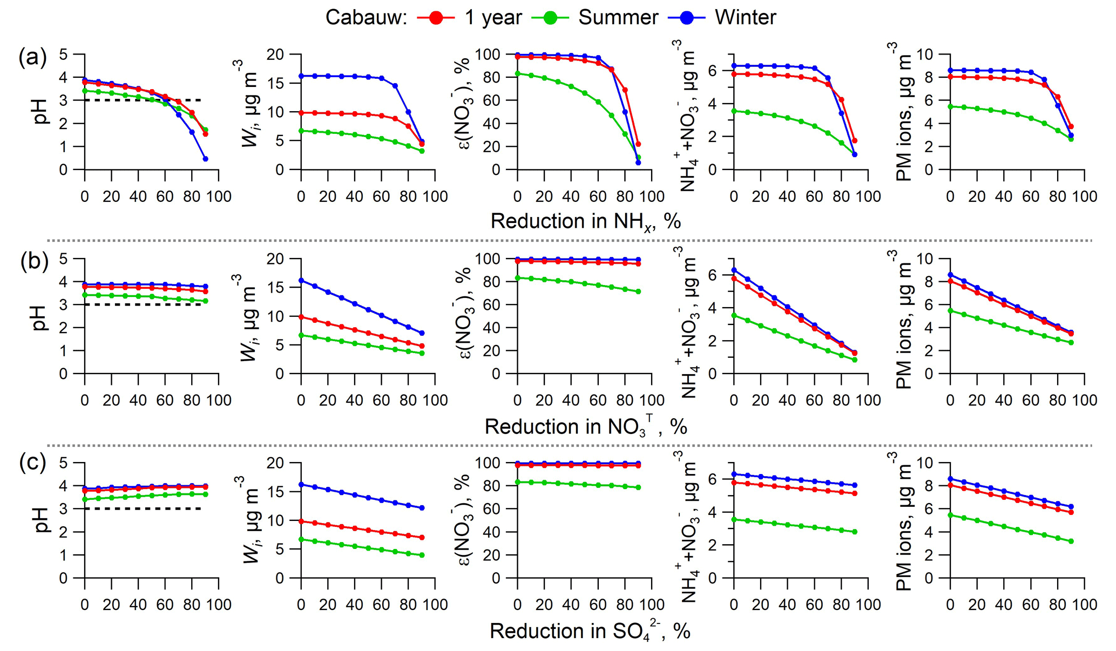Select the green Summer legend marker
coord(550,18)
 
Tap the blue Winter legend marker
coord(687,18)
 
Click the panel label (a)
coord(32,57)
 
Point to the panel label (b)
coord(34,261)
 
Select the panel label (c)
coord(33,463)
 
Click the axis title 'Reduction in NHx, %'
coord(585,222)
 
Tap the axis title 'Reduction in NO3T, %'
coord(585,427)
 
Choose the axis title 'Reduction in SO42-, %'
coord(590,631)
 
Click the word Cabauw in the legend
coord(366,18)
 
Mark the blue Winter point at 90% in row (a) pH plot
coord(206,159)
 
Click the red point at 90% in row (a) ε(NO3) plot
coord(638,144)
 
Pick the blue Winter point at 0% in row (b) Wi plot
coord(301,280)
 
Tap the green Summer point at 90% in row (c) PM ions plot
coord(1071,541)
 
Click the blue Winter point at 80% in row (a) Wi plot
coord(408,112)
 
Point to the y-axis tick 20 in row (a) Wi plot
coord(278,55)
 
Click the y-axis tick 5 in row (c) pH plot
coord(64,463)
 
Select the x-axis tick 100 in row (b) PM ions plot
coord(1084,400)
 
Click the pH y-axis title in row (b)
coord(40,316)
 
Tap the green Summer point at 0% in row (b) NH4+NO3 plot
coord(734,315)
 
